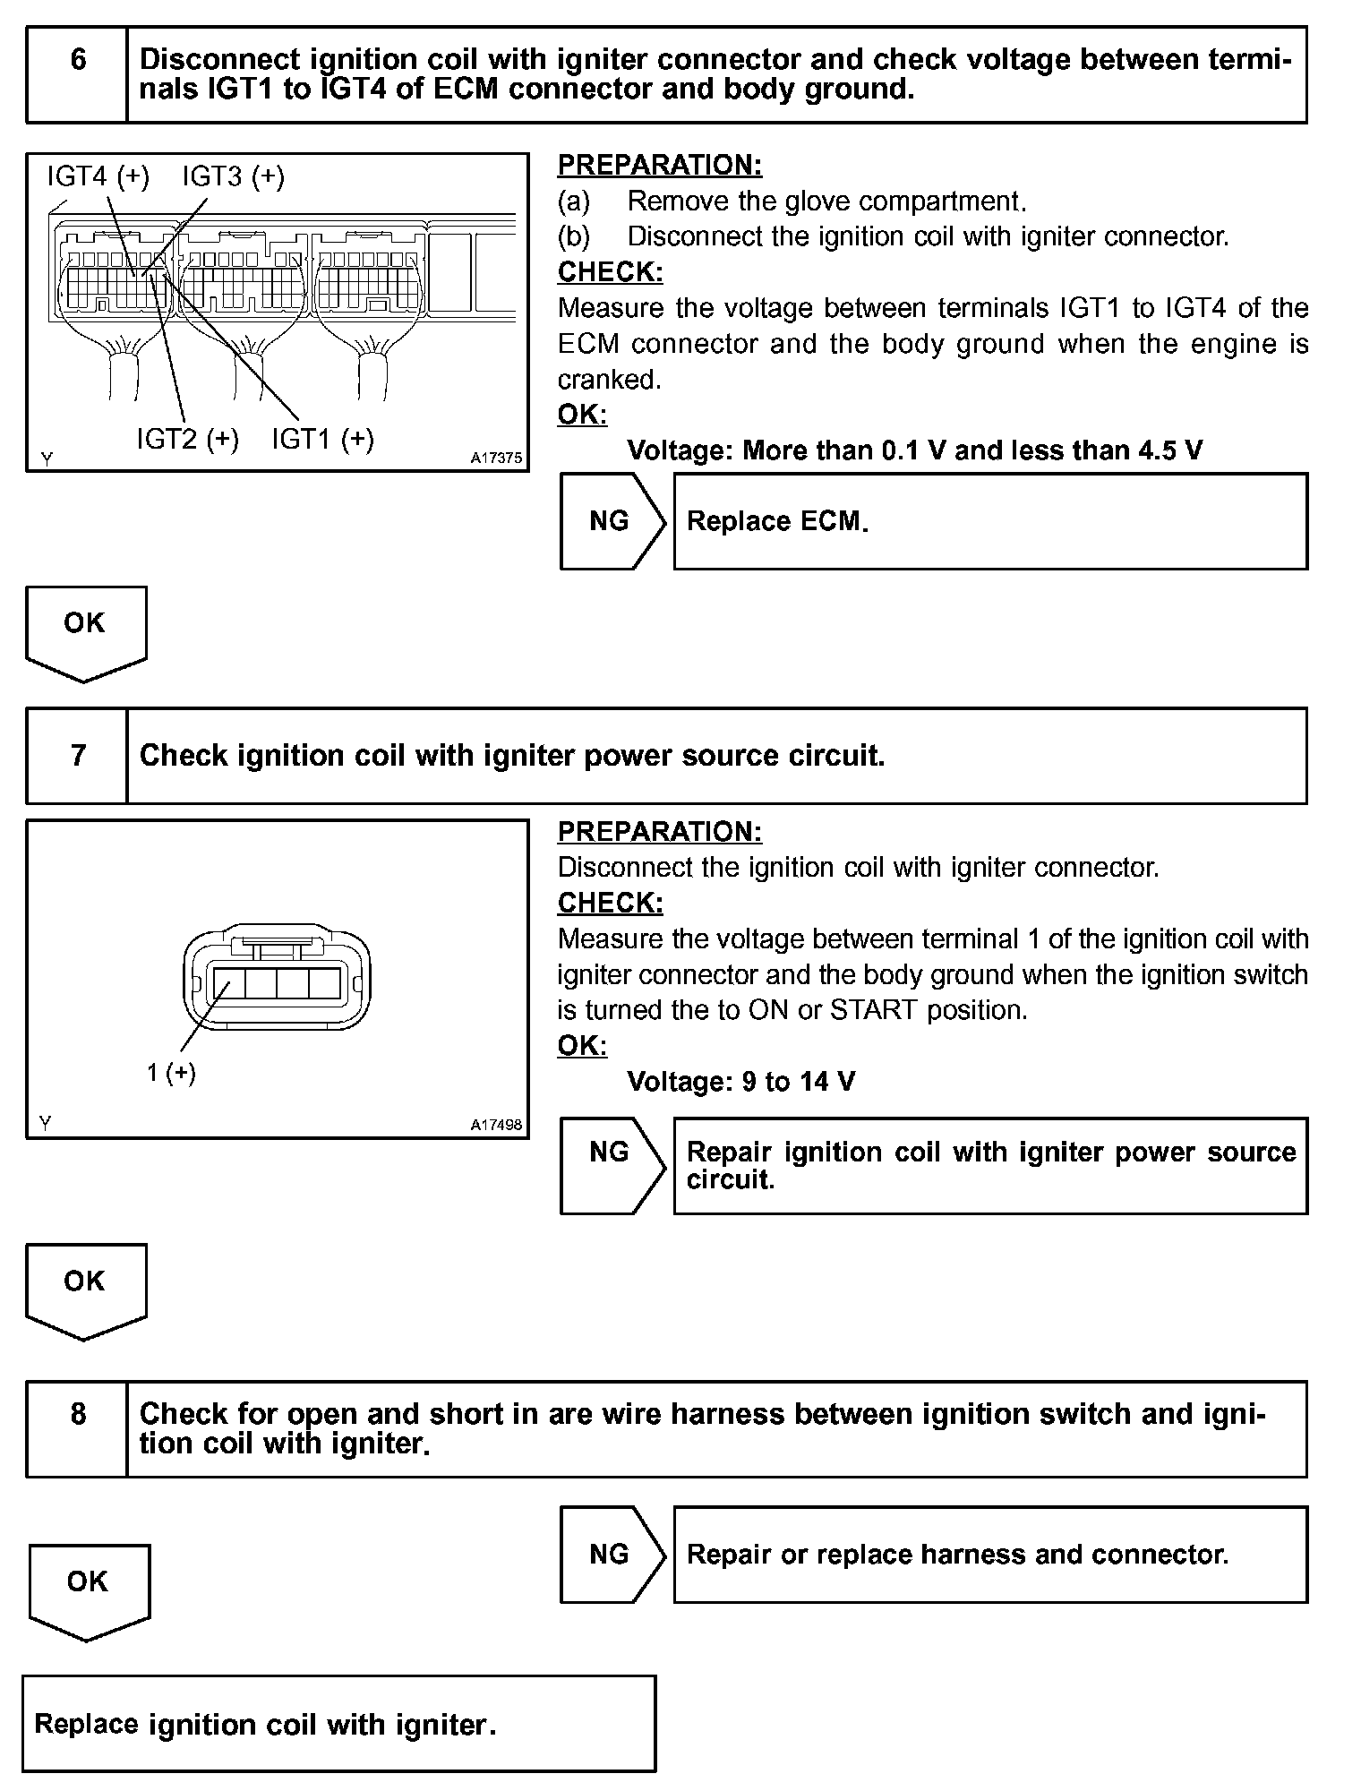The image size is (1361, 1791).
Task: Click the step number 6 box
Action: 78,74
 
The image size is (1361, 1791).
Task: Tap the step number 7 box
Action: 78,756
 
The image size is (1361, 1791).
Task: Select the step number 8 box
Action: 78,1428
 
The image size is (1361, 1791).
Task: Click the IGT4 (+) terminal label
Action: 98,176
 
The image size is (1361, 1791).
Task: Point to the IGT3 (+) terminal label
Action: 233,176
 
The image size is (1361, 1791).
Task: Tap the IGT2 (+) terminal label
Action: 187,439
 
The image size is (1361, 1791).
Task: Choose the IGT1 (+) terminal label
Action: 322,439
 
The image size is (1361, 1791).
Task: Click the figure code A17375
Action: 497,458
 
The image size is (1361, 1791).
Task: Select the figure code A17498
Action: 497,1125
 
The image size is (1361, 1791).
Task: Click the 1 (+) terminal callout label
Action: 171,1072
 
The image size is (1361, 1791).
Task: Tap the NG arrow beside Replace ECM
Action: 612,521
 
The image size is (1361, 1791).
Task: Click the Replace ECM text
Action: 777,521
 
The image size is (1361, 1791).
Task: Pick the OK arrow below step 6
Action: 86,631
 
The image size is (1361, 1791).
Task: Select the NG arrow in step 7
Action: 612,1164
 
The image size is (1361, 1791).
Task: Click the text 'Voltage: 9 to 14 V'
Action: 740,1082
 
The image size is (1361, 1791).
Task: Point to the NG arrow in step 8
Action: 612,1555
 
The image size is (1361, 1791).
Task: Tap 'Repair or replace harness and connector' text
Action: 957,1555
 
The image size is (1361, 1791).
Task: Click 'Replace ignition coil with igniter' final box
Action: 338,1724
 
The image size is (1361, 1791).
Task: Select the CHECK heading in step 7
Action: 611,903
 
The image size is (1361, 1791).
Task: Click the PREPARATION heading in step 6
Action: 660,165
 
